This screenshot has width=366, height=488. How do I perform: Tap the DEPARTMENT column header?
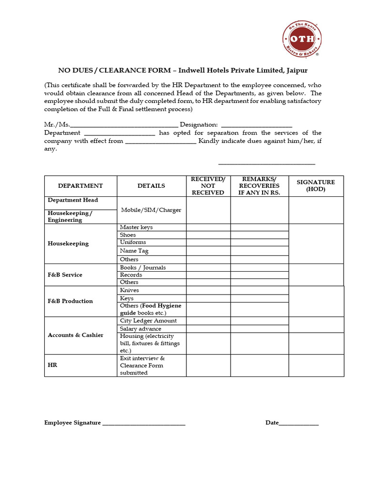coord(81,186)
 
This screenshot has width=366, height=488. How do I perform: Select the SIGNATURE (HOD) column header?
coord(315,186)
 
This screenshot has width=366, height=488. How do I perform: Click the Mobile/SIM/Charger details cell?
coord(151,210)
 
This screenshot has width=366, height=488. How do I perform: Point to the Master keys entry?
coord(136,227)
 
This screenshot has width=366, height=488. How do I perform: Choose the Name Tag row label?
coord(134,251)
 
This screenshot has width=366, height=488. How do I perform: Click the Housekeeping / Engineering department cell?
coord(70,217)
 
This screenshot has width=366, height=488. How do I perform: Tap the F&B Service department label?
coord(65,275)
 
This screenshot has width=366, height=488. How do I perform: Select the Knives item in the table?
coord(130,290)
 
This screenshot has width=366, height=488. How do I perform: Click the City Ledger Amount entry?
coord(148,321)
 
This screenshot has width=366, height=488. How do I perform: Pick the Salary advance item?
coord(141,329)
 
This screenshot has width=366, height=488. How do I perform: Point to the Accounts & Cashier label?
coord(75,335)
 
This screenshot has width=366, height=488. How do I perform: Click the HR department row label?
coord(52,366)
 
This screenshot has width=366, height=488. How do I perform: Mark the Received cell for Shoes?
coord(208,235)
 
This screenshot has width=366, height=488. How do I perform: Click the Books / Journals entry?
coord(143,268)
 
